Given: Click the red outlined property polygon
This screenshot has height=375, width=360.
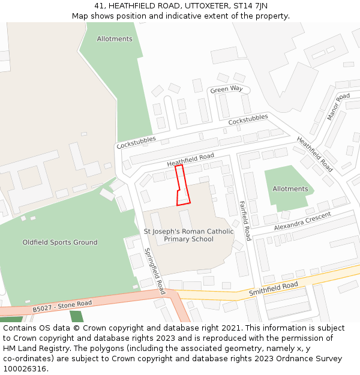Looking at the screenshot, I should pyautogui.click(x=182, y=186).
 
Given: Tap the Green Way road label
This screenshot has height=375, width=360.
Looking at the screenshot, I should pyautogui.click(x=226, y=89).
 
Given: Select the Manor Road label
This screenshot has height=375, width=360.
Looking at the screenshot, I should pyautogui.click(x=338, y=106).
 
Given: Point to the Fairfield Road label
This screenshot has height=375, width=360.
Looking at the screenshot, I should pyautogui.click(x=244, y=220).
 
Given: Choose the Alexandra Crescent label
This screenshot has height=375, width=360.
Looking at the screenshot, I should pyautogui.click(x=302, y=221).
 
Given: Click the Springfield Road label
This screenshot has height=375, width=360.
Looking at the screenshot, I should pyautogui.click(x=155, y=271).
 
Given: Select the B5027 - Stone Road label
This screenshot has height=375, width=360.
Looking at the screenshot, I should pyautogui.click(x=62, y=306).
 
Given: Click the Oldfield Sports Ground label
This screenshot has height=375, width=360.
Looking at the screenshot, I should pyautogui.click(x=60, y=242).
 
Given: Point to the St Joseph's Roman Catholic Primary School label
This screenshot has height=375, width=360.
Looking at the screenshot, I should pyautogui.click(x=188, y=235).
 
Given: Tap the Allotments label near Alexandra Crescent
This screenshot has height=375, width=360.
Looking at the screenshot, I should pyautogui.click(x=290, y=189).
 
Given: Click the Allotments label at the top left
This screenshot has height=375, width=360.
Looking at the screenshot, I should pyautogui.click(x=115, y=39).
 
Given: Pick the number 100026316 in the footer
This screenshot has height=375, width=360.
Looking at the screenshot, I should pyautogui.click(x=25, y=368).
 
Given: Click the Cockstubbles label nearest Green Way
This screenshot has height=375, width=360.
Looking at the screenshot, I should pyautogui.click(x=248, y=121).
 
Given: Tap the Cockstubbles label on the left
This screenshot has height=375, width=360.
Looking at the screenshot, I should pyautogui.click(x=136, y=142).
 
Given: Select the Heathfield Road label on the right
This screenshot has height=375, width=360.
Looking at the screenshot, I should pyautogui.click(x=314, y=154).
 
